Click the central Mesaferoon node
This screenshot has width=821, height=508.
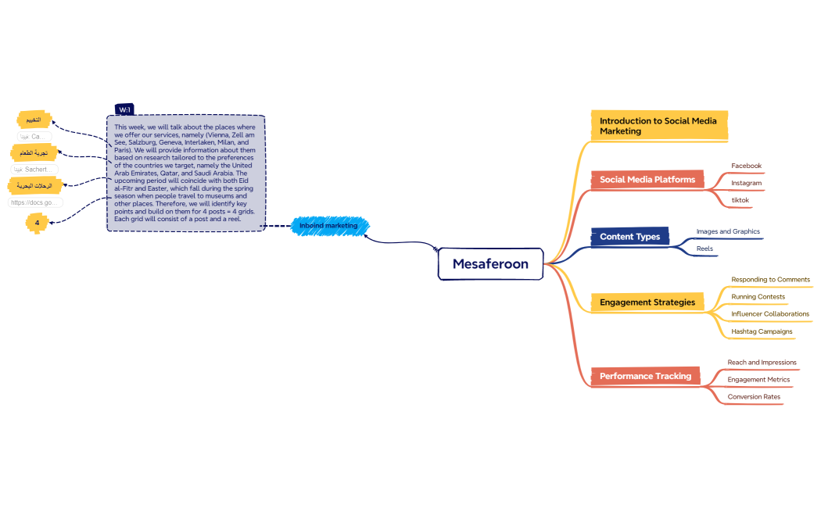pos(490,263)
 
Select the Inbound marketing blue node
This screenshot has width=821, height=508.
pos(328,226)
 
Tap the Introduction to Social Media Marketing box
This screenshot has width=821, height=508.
pos(658,126)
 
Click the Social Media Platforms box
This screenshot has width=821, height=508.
pos(647,180)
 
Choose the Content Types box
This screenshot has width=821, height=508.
pos(629,237)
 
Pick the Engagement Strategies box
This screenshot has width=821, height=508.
pos(647,302)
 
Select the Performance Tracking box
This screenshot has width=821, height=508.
pos(645,376)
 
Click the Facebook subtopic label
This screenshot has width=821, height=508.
pos(746,166)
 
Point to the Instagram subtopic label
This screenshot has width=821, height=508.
pos(746,183)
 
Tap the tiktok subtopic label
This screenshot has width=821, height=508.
pos(740,200)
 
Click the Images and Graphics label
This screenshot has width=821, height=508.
pos(728,231)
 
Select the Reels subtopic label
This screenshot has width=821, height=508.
pos(704,249)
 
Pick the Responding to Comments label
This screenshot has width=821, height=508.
pos(770,279)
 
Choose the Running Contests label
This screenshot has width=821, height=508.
pos(758,297)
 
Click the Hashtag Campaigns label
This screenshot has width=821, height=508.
pos(762,331)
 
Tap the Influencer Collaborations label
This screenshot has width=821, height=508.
pos(770,314)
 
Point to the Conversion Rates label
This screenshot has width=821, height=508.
pos(754,397)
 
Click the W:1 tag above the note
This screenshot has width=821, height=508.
pos(124,109)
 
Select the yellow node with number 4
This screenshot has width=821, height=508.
pos(36,223)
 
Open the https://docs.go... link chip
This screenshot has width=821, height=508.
pos(34,202)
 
